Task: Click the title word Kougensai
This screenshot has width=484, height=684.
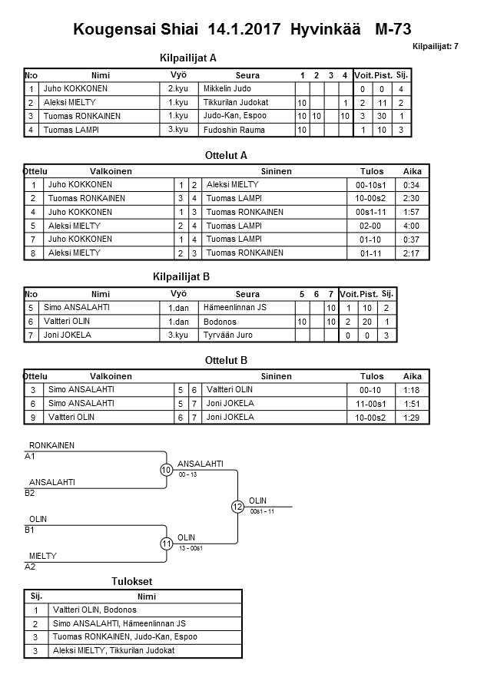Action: [108, 30]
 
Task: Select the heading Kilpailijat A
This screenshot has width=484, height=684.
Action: [189, 58]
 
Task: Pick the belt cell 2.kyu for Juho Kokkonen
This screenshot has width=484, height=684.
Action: [178, 89]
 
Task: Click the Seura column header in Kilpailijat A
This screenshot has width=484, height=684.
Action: [247, 75]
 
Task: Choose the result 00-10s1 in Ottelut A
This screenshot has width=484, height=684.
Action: [371, 185]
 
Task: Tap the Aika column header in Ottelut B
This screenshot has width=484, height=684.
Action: [413, 376]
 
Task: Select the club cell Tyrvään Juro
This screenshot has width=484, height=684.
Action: [228, 335]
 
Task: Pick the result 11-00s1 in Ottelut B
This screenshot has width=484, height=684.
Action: [371, 404]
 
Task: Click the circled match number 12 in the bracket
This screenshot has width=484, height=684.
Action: [237, 507]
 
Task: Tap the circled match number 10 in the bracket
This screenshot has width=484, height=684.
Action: [166, 470]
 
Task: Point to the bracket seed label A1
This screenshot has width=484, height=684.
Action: [31, 456]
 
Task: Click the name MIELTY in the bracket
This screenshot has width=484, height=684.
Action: [43, 556]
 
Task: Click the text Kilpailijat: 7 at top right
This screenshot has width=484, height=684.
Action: [436, 47]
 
